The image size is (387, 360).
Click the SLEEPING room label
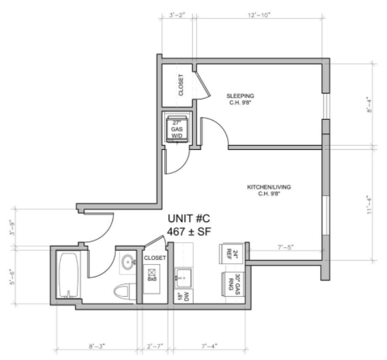click(240, 96)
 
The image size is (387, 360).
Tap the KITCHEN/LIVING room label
click(269, 187)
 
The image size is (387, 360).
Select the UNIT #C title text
click(189, 219)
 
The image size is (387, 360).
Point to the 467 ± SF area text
click(189, 232)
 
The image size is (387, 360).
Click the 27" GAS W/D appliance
click(177, 129)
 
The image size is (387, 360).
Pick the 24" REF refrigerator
click(231, 253)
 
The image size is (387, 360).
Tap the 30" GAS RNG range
click(232, 284)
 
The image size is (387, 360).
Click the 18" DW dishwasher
click(184, 297)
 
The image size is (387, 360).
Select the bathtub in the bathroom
click(69, 275)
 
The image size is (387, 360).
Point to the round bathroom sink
click(128, 263)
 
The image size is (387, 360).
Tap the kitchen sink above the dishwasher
click(183, 278)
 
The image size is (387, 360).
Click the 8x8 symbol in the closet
click(152, 275)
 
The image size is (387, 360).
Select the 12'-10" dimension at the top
click(259, 15)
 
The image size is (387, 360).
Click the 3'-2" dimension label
click(177, 15)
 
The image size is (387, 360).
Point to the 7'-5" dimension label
click(285, 247)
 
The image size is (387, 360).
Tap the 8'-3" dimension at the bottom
click(97, 346)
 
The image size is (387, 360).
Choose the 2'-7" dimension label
click(155, 346)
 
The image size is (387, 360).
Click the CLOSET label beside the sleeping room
click(181, 85)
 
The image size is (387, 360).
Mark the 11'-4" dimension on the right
click(369, 205)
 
